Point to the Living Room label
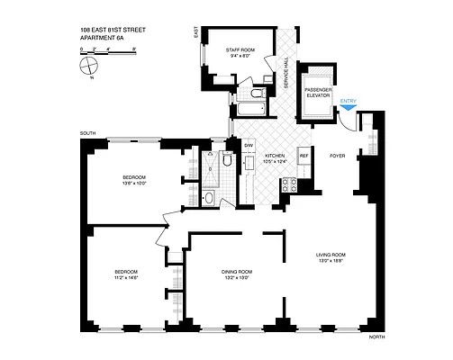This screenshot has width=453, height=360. [331, 258]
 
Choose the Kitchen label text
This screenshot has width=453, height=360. [275, 159]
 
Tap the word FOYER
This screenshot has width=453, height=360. [337, 155]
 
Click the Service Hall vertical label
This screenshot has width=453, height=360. [285, 72]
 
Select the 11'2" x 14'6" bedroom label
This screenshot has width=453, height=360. [125, 274]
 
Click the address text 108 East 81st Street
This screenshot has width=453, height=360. [114, 31]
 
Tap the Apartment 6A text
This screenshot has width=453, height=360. [101, 38]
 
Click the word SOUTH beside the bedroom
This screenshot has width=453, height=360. [87, 133]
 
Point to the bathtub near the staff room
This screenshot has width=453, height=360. [249, 110]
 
